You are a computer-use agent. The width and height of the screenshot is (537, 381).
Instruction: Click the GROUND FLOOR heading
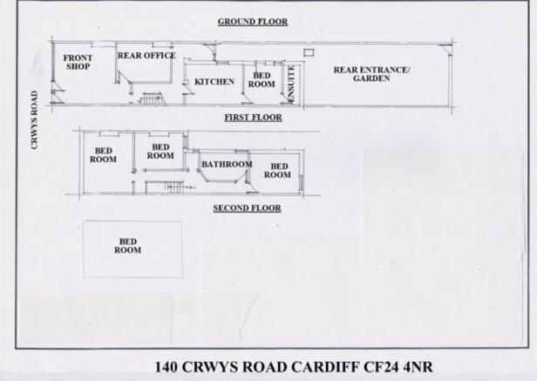click(253, 22)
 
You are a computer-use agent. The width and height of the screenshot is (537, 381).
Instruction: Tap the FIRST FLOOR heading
click(253, 118)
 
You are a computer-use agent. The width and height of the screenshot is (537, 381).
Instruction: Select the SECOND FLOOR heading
click(247, 208)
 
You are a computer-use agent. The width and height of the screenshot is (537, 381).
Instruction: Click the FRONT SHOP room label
click(78, 62)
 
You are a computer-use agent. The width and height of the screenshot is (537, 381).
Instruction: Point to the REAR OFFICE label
click(146, 56)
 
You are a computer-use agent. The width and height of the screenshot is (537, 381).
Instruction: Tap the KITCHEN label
click(214, 82)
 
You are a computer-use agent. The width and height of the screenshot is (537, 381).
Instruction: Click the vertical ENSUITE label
click(291, 84)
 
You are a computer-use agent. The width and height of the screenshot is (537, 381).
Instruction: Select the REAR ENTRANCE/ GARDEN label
click(371, 74)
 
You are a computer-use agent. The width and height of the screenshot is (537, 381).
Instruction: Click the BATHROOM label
click(227, 165)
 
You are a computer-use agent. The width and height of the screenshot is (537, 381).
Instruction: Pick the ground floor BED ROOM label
click(262, 80)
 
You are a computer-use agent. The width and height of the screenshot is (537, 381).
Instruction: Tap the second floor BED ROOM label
click(128, 246)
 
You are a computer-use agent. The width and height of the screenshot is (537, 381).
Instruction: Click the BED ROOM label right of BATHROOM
click(277, 171)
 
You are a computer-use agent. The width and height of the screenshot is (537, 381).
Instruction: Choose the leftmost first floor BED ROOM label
click(103, 155)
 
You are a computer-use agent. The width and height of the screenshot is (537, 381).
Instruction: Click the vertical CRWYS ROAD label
click(34, 120)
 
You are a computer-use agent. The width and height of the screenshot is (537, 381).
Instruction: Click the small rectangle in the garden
click(309, 52)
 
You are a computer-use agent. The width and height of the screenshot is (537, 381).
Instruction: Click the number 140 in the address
click(167, 367)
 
